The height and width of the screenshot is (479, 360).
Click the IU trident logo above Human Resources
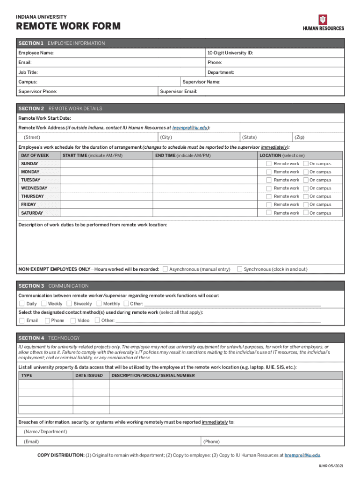click(323, 19)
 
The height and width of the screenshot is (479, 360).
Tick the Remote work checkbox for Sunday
click(269, 164)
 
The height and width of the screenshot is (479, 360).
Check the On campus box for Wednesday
click(306, 188)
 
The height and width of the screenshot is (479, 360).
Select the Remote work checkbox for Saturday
click(269, 213)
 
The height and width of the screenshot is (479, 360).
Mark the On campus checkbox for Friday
click(306, 204)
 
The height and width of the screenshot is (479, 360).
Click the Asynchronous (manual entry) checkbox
click(165, 269)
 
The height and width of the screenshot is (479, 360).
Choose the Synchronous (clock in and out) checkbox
click(240, 269)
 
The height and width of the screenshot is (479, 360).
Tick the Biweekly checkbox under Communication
click(70, 304)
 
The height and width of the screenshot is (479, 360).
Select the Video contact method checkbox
click(73, 320)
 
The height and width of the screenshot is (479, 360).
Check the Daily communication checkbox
click(22, 304)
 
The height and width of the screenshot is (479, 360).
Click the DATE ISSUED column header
click(89, 375)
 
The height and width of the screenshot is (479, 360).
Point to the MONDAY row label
click(30, 172)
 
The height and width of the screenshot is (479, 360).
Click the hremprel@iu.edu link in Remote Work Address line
click(190, 128)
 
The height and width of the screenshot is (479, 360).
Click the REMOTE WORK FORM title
click(68, 27)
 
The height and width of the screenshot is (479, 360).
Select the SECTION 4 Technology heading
click(49, 338)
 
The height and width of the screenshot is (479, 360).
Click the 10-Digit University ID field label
click(230, 53)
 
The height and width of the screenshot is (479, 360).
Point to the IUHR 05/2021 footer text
click(331, 467)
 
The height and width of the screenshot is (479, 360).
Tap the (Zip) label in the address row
click(299, 137)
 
